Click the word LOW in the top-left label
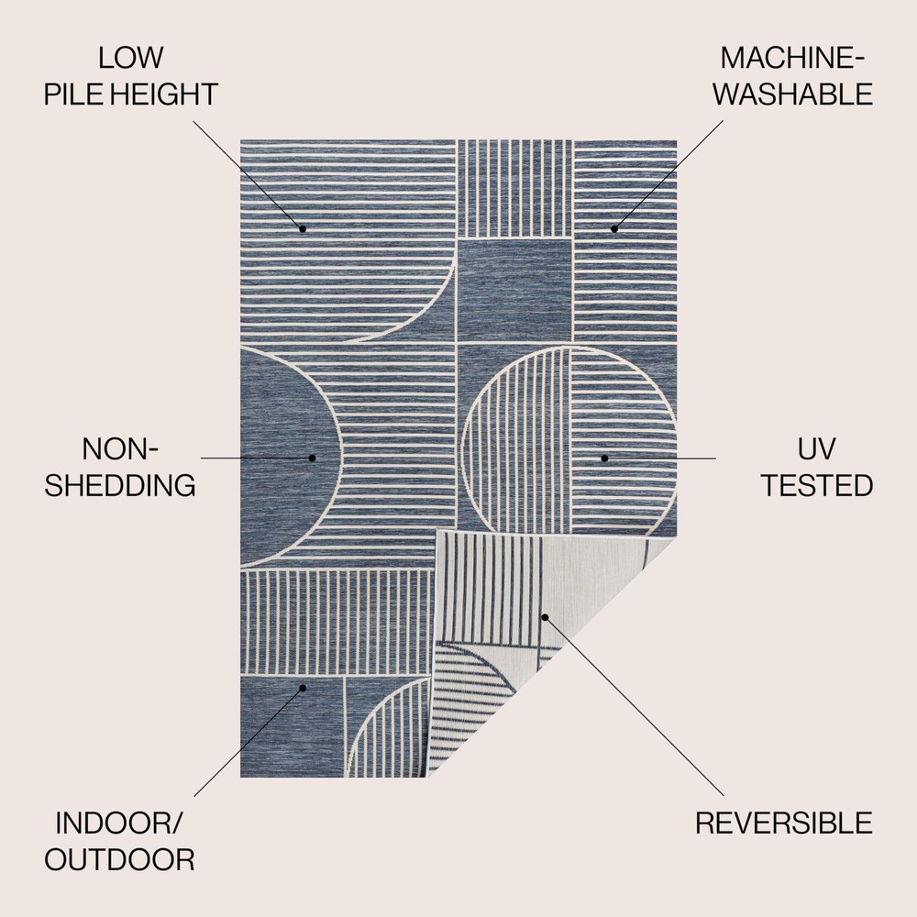click(131, 58)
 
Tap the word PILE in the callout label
click(73, 94)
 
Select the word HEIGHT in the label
click(164, 94)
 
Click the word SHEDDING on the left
click(120, 485)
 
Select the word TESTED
click(815, 485)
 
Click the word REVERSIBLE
click(784, 823)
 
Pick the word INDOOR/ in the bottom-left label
click(119, 823)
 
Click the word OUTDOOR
click(119, 859)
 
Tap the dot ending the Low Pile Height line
click(302, 228)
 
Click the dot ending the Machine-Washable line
click(614, 228)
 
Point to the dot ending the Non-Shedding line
click(312, 458)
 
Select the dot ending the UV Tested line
click(604, 458)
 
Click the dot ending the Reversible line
click(544, 617)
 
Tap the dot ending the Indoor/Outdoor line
click(303, 687)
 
